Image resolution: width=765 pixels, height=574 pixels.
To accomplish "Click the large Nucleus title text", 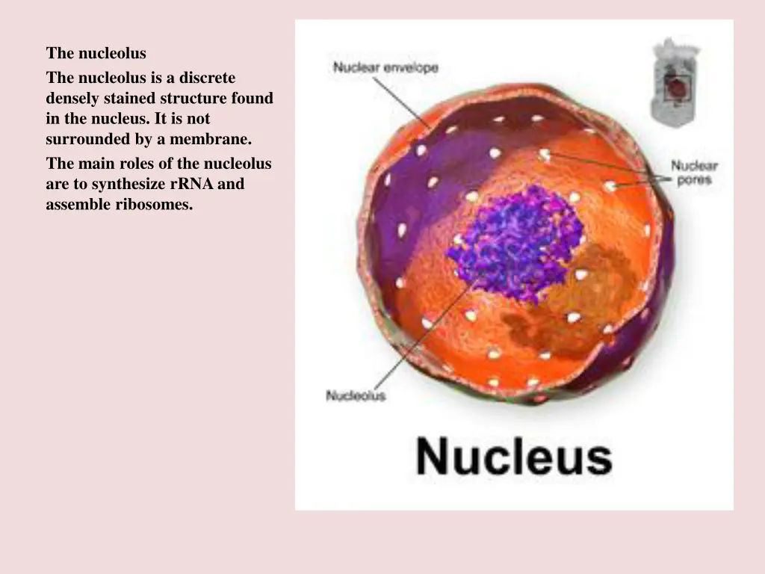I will tap(514, 456).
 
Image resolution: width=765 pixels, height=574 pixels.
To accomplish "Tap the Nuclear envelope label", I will tap(385, 67).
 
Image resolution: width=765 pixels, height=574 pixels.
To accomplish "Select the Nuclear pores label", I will tap(694, 173).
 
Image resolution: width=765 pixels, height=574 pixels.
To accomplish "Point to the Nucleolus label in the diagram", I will tap(356, 395).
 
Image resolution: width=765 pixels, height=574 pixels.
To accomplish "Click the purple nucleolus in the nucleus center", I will tap(515, 243).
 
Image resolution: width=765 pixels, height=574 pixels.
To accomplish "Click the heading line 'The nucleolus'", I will tap(96, 53).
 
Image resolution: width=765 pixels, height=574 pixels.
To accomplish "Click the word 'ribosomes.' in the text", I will tap(154, 204).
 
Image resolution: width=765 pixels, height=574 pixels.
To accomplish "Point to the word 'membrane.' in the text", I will tap(211, 139).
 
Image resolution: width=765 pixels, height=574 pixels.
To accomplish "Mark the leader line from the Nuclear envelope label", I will tap(400, 101).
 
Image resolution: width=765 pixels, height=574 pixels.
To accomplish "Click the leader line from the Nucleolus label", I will tap(418, 344).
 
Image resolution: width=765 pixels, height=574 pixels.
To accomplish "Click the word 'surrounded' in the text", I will tap(87, 139).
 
